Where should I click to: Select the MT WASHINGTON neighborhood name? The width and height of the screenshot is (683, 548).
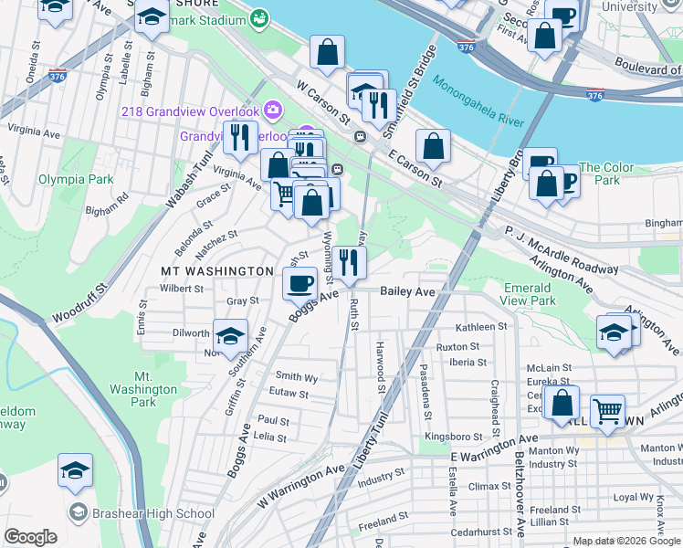pos(217,271)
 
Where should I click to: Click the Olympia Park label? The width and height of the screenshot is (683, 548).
pos(76,179)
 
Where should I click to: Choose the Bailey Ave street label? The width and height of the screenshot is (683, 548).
pos(406,290)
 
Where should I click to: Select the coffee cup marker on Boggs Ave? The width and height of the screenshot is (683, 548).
pos(299,282)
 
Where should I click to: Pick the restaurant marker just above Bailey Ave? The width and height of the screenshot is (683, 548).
pos(349,263)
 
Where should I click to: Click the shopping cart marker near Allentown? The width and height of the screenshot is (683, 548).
pos(607,410)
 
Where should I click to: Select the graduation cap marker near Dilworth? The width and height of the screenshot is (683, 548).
pos(231,334)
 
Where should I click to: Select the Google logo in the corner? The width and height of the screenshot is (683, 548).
pos(30,537)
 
